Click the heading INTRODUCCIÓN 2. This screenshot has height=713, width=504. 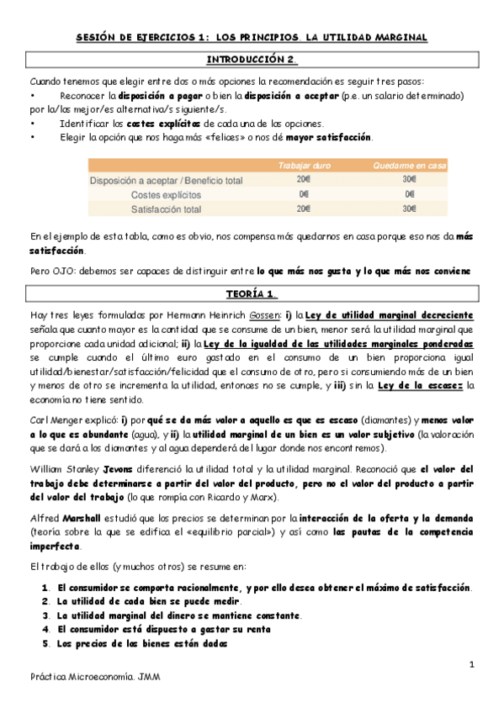coord(252,60)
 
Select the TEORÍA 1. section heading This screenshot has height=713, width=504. coord(252,294)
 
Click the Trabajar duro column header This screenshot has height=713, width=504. coord(303,166)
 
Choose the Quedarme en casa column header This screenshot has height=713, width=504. coord(410,166)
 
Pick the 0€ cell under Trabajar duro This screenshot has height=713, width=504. coord(303,194)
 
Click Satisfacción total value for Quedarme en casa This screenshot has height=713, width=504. coord(410,209)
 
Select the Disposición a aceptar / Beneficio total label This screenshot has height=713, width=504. coord(166,180)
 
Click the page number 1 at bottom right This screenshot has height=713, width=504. coord(472,665)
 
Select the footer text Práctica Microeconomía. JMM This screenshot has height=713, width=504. coord(95,677)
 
